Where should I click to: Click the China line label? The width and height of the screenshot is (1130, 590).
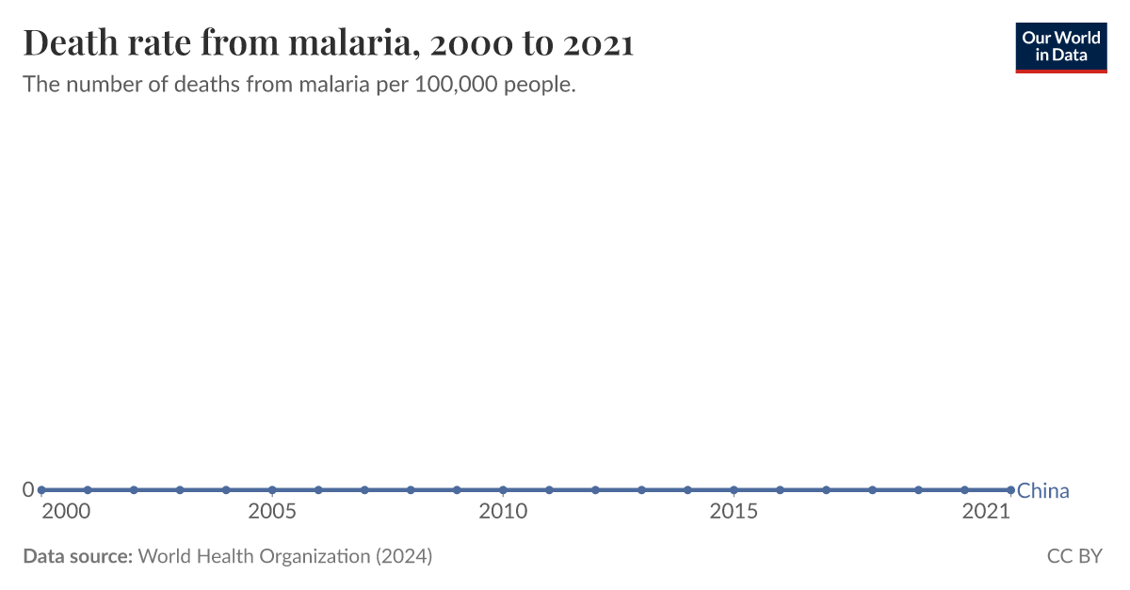point(1043,491)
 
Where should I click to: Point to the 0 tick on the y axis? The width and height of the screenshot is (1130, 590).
point(28,489)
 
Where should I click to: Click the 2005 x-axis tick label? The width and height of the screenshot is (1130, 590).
point(272,512)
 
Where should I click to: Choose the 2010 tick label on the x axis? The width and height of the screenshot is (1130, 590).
point(503,512)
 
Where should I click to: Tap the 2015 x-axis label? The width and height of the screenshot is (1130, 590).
point(734,512)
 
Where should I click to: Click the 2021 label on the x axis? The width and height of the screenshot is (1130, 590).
point(986,512)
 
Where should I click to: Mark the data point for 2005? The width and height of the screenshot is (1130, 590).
point(272,490)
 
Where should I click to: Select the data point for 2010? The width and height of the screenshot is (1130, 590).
point(503,490)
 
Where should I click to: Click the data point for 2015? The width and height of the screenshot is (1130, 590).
point(734,490)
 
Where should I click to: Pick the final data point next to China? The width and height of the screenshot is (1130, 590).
point(1010,490)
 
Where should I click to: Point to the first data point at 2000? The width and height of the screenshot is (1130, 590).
point(41,490)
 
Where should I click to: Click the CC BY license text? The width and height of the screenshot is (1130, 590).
point(1073,556)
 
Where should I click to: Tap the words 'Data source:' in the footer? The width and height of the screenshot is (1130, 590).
point(77,556)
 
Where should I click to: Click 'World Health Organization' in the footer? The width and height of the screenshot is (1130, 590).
point(254,556)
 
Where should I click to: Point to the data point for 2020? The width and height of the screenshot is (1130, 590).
point(964,490)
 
